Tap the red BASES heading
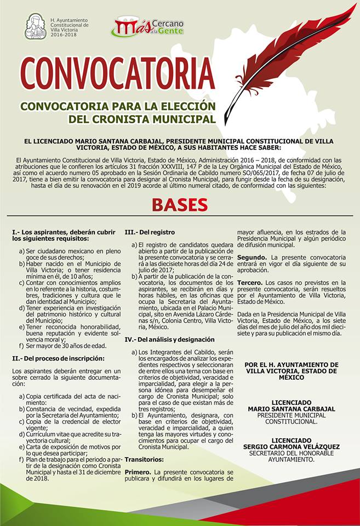180,205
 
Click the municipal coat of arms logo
35,26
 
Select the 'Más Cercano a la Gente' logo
148,26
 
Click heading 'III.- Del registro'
150,232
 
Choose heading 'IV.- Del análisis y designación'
170,340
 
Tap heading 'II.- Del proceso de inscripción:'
58,358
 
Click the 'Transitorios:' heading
145,459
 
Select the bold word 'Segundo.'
252,257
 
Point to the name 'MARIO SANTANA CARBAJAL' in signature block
290,409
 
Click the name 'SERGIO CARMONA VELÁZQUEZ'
291,447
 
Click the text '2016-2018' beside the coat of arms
64,34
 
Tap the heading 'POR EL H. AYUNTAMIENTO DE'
291,364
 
